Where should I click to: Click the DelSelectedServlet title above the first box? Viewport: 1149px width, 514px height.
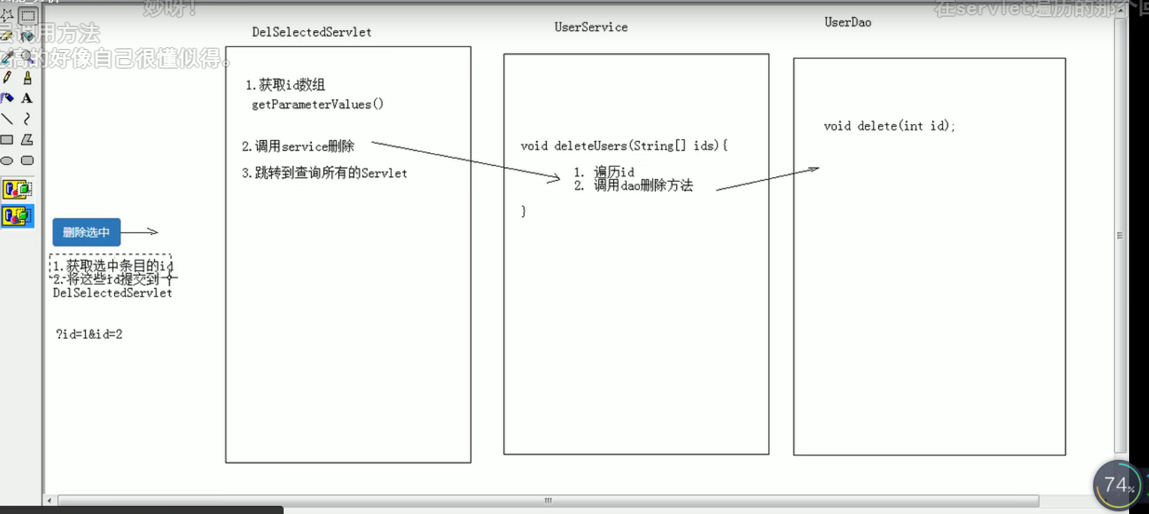tap(312, 32)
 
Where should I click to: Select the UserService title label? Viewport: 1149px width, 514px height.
tap(591, 27)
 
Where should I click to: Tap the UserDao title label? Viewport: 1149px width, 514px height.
tap(848, 23)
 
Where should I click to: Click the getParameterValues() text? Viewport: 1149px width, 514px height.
tap(317, 105)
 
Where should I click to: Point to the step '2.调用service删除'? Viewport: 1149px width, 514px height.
tap(298, 146)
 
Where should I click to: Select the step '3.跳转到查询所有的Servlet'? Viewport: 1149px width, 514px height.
tap(324, 173)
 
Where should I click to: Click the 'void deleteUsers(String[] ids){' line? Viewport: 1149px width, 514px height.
tap(623, 146)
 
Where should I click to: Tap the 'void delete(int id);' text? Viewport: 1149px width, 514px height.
tap(889, 126)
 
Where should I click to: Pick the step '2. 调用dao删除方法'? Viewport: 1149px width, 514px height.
tap(634, 185)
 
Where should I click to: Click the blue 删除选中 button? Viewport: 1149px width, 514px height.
tap(86, 232)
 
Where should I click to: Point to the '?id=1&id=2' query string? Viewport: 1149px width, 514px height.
tap(89, 334)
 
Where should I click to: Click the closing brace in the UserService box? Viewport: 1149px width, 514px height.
tap(523, 211)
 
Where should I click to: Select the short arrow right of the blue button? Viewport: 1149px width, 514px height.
tap(140, 232)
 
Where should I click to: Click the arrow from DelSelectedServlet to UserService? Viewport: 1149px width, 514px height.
tap(466, 161)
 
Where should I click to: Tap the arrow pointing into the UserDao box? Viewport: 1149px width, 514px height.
tap(767, 179)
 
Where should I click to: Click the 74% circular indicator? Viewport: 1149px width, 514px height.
tap(1117, 485)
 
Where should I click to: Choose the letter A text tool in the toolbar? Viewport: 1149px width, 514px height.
tap(27, 99)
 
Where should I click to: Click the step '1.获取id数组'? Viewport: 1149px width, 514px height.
tap(285, 85)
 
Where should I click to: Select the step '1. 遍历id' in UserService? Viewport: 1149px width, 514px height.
tap(604, 172)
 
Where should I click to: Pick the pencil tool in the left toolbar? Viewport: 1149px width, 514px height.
tap(8, 78)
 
